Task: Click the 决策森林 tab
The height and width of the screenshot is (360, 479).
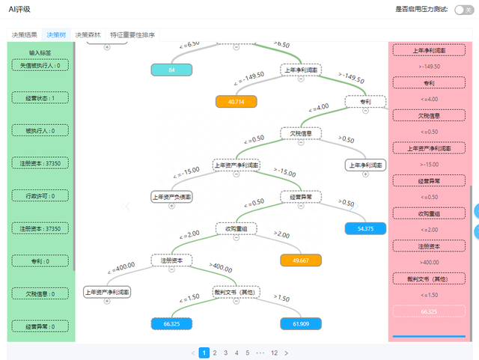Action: (x=88, y=34)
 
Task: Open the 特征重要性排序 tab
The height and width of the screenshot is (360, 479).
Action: (x=132, y=34)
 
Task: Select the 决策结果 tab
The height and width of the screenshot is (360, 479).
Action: (x=24, y=34)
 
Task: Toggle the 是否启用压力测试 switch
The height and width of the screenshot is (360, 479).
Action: (x=463, y=10)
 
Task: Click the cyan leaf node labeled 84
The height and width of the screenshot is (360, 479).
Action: (x=171, y=70)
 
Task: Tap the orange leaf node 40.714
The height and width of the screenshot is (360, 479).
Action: (x=237, y=101)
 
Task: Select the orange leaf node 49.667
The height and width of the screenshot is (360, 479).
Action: (x=301, y=260)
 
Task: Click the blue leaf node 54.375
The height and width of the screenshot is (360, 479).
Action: (x=365, y=228)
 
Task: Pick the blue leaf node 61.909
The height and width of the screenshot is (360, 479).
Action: (x=301, y=323)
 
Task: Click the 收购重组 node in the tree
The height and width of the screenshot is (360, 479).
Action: (x=236, y=228)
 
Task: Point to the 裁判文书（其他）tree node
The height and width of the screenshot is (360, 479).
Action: (x=236, y=292)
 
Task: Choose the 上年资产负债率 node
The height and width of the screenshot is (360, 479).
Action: (x=171, y=196)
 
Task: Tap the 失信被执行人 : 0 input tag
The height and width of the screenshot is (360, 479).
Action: (x=41, y=65)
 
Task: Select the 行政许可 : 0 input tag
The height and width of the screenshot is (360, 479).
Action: (x=41, y=195)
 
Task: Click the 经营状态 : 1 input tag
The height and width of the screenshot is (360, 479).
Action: (x=41, y=98)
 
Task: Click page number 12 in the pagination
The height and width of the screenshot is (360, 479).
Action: (x=274, y=353)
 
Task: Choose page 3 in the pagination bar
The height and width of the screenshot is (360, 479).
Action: (x=225, y=353)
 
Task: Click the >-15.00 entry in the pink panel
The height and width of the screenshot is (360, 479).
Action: (x=429, y=164)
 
